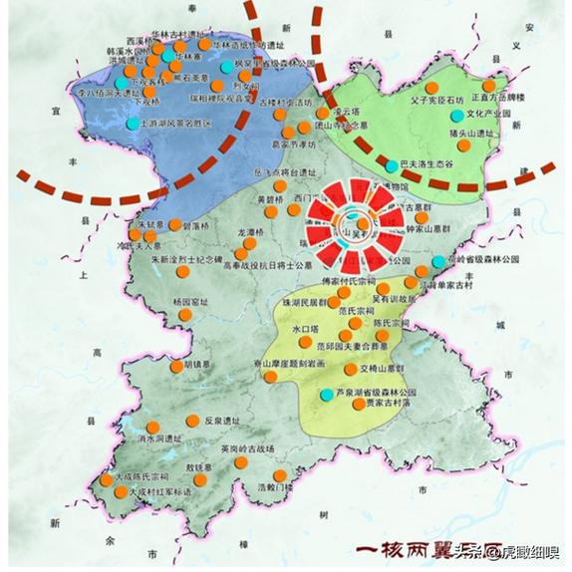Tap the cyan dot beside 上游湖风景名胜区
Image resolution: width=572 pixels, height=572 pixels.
133,123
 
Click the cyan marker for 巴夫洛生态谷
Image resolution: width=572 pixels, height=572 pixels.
391,162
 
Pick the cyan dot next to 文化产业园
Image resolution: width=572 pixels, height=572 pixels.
456,116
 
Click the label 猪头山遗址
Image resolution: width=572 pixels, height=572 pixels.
471,133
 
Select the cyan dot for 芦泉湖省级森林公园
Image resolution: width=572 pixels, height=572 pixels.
326,395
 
